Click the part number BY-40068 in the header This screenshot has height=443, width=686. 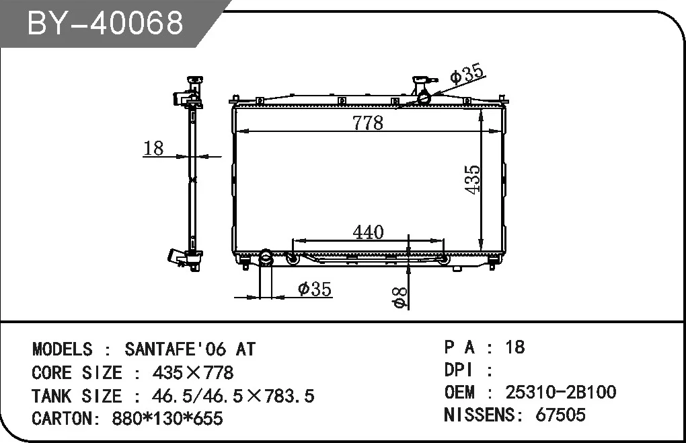105,23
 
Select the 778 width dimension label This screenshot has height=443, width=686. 367,123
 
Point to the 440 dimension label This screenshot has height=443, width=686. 368,232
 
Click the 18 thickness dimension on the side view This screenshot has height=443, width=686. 154,148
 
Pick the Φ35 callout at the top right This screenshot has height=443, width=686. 466,75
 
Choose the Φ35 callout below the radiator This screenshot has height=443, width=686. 314,289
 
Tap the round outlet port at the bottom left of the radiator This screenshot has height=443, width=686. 266,257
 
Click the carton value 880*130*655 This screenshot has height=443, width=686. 161,418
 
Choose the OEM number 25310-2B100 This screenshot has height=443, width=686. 560,392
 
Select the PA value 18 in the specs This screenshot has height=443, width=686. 514,347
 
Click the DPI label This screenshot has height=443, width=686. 459,370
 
